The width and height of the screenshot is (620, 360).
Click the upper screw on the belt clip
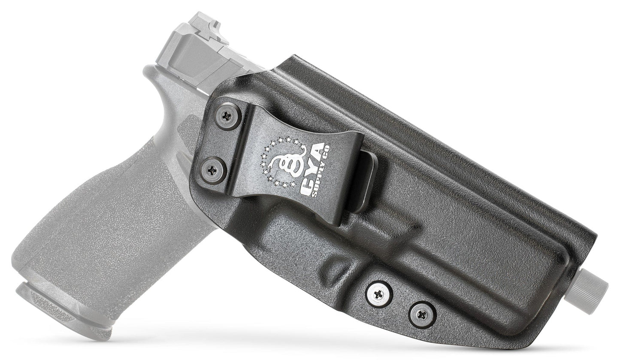click(227, 115)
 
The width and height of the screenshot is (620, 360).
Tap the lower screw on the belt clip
click(213, 170)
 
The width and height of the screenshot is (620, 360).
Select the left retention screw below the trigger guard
click(379, 295)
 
